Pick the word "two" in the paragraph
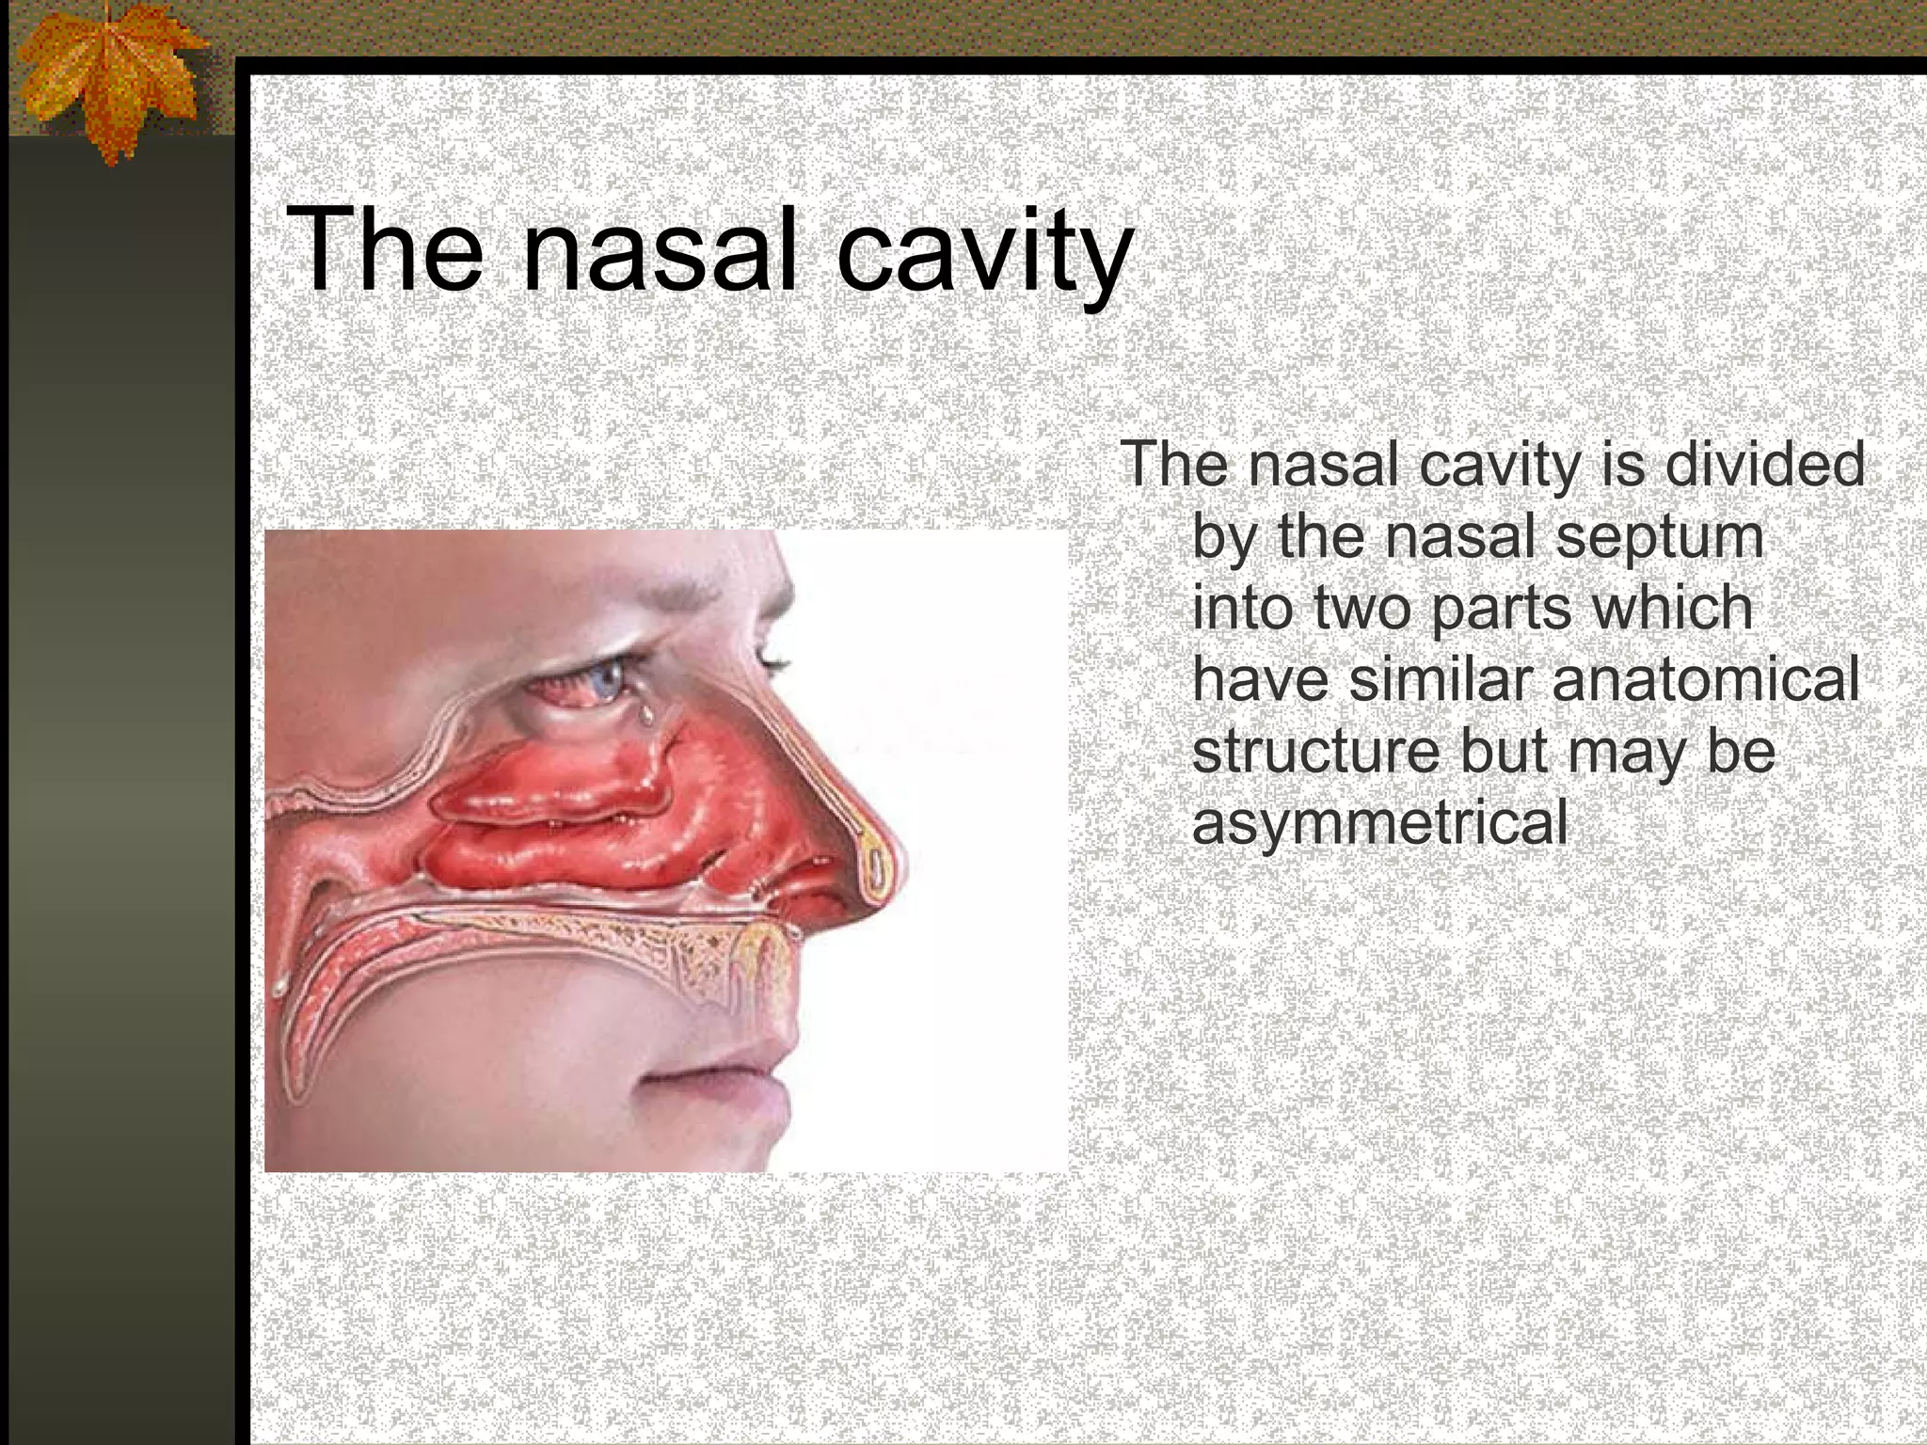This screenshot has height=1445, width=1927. click(x=1364, y=608)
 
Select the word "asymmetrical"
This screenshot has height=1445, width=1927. click(x=1379, y=823)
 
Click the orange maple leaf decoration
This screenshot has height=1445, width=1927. click(x=108, y=75)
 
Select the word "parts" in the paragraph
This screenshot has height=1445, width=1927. click(x=1498, y=610)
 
